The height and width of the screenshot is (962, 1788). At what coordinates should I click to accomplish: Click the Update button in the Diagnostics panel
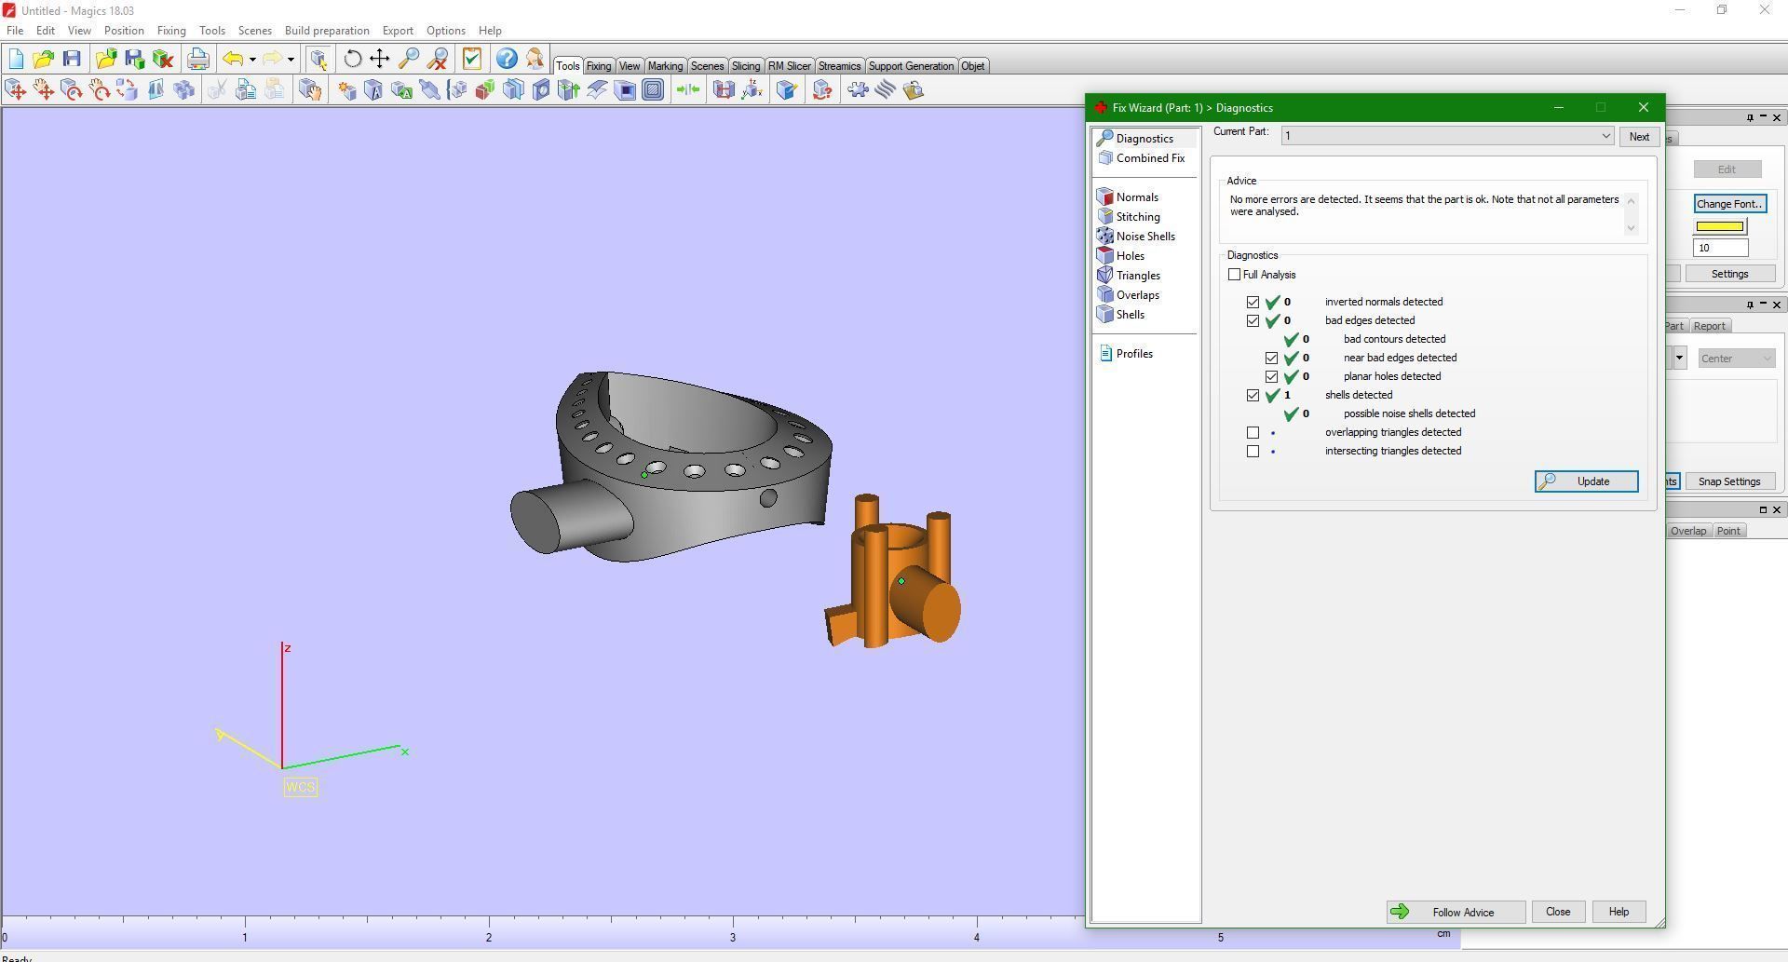1586,481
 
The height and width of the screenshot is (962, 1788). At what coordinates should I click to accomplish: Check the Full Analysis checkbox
1235,275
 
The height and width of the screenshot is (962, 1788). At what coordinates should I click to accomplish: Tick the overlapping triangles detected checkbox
1253,433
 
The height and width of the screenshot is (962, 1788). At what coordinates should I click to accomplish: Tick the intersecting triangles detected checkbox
1253,452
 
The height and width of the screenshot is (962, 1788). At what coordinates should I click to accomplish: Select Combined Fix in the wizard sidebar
1149,158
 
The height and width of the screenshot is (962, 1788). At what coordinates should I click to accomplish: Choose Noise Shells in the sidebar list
1145,237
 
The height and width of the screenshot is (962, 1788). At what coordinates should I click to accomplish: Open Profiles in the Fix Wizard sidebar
1133,354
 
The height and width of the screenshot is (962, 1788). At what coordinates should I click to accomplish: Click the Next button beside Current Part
1638,137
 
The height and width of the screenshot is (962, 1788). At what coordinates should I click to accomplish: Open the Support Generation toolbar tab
911,66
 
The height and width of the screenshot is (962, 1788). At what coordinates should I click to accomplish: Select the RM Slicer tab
789,66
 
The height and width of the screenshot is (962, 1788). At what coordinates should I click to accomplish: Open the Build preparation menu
327,31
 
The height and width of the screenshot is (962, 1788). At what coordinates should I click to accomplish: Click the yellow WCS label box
300,788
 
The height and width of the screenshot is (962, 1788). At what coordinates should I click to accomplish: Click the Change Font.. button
1728,204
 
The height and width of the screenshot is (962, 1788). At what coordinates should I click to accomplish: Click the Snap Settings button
1728,481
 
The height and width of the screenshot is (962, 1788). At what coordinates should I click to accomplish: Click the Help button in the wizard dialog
1618,912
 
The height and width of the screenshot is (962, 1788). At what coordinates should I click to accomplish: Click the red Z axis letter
288,648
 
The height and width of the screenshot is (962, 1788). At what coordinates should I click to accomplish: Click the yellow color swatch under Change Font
1719,226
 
